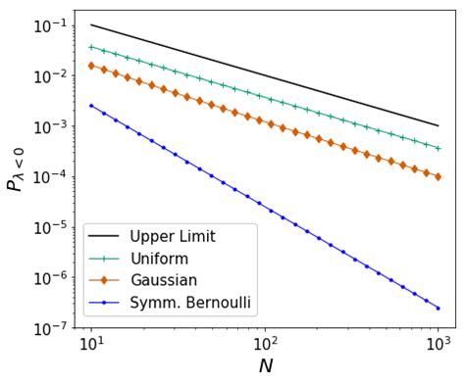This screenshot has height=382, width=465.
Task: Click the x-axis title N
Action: (x=265, y=366)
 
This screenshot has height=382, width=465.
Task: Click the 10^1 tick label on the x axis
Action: (x=91, y=345)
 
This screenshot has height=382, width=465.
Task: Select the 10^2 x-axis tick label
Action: (x=265, y=345)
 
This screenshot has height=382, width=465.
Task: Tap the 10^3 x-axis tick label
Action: (x=438, y=345)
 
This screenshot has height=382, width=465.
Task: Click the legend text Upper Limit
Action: (x=173, y=236)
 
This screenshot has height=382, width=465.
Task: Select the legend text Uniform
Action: (x=160, y=259)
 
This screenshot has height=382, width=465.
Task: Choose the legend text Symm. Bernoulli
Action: (x=192, y=304)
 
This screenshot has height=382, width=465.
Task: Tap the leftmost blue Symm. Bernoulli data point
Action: (x=91, y=105)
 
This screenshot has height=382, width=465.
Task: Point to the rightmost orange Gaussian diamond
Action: (x=438, y=177)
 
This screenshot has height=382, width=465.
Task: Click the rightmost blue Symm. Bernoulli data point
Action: (x=438, y=309)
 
